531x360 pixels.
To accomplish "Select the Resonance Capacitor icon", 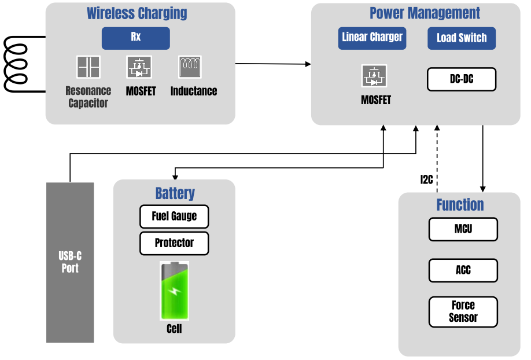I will click(88, 67).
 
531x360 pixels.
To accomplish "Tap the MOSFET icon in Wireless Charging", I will click(139, 67).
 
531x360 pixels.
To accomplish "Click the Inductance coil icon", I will click(190, 67).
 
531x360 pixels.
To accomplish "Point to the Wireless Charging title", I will click(137, 13).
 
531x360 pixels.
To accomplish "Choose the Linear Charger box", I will click(372, 38).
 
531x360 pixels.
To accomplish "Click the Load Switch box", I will click(462, 38).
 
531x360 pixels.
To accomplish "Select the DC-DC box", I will click(462, 79).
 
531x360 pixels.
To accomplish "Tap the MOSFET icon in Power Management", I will click(374, 76).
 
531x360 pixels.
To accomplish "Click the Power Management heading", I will click(425, 13).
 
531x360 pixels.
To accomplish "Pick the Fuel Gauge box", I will click(174, 216).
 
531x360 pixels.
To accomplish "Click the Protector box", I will click(174, 243).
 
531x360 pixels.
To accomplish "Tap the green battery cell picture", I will click(174, 291).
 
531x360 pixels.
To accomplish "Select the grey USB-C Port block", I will click(70, 262).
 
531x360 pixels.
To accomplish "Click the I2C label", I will click(426, 179).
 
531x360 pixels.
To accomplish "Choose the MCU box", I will click(463, 229).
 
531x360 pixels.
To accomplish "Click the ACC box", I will click(463, 270).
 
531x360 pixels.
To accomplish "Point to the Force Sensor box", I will click(463, 311).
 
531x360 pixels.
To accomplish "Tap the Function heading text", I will click(460, 205).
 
